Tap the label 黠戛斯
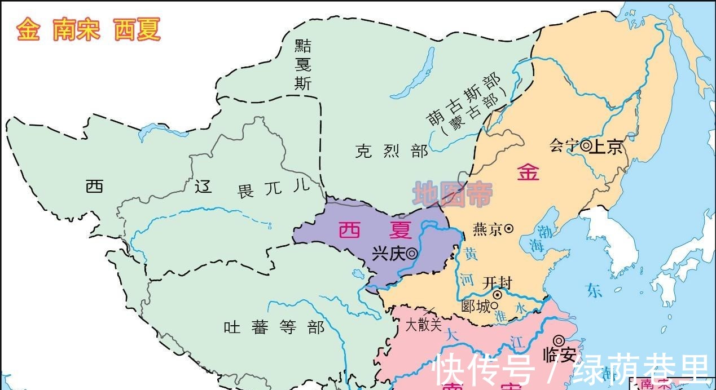(x=303, y=65)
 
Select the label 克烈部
(x=391, y=151)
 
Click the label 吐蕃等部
(x=274, y=327)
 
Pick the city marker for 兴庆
(x=412, y=254)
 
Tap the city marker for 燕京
(x=508, y=228)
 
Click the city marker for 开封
(x=498, y=295)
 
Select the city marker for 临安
(x=559, y=340)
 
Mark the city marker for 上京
(x=586, y=146)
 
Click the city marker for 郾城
(x=494, y=306)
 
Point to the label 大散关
(x=423, y=325)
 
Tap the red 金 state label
(x=528, y=172)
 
